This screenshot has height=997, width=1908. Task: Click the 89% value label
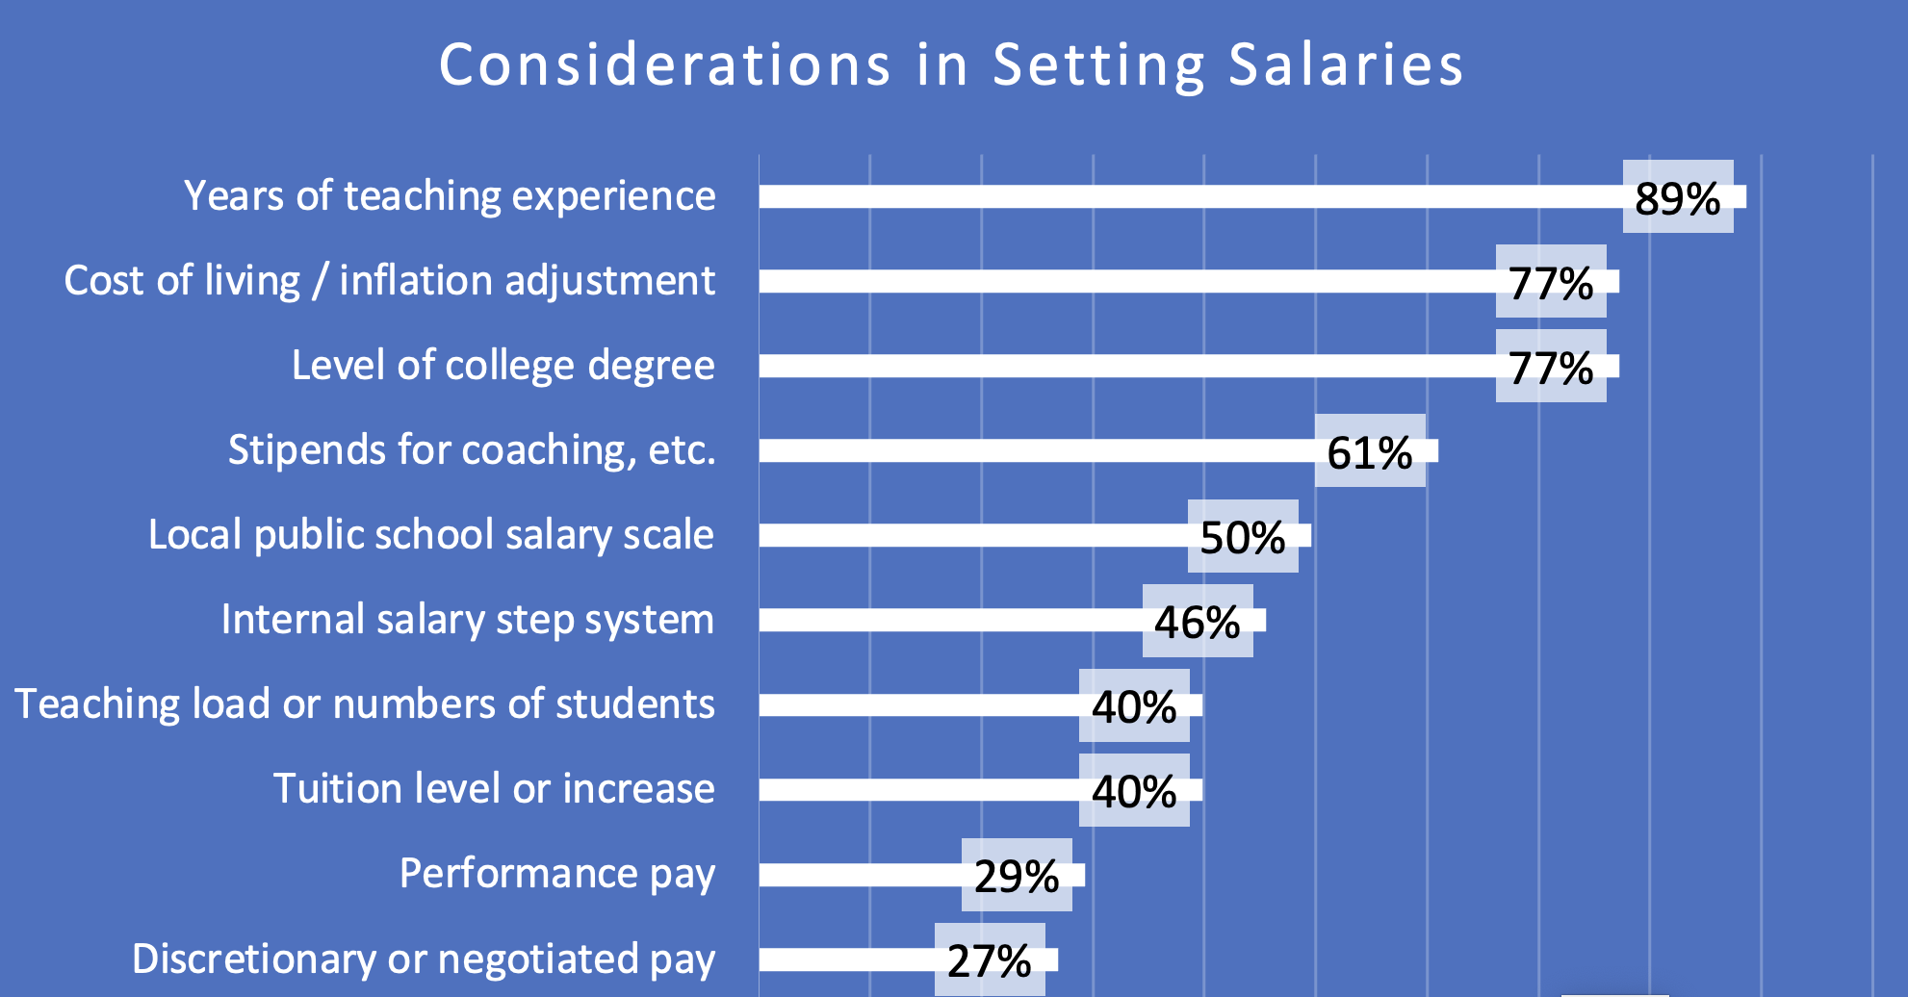1677,197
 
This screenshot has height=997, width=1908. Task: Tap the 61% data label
1369,451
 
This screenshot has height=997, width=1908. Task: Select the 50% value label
1242,536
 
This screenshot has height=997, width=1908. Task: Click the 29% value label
1016,875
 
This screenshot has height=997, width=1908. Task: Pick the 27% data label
989,959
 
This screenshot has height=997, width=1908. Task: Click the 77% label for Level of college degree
1550,367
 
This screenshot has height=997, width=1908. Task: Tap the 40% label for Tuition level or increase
1133,790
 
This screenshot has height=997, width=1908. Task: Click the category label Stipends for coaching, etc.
472,450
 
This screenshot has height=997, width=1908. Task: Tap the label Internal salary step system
468,620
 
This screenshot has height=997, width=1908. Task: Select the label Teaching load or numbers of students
365,704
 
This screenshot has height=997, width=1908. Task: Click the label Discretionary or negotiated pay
424,959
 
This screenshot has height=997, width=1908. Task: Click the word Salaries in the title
1346,65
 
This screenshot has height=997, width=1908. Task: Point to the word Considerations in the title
664,65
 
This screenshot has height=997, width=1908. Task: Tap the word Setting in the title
1098,65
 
